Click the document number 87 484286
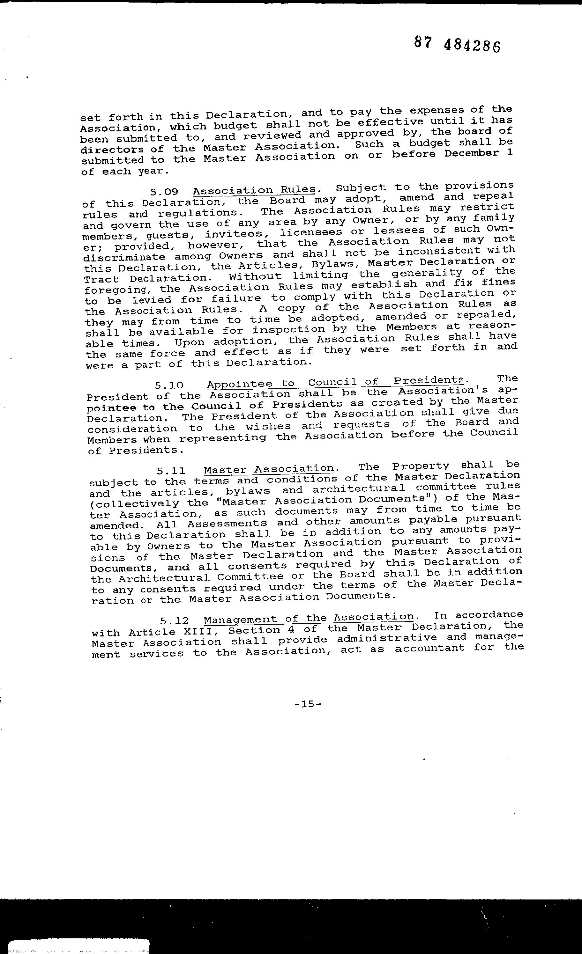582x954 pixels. pyautogui.click(x=457, y=44)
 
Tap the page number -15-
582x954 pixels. pyautogui.click(x=308, y=704)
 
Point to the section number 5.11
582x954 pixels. pyautogui.click(x=171, y=471)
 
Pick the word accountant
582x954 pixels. pyautogui.click(x=429, y=649)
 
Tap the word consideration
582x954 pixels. pyautogui.click(x=132, y=429)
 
